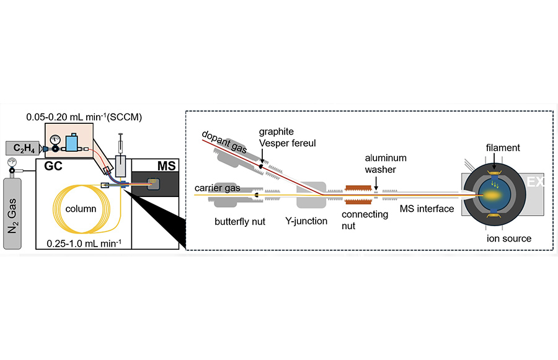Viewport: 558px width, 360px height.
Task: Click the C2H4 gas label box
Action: [x=22, y=148]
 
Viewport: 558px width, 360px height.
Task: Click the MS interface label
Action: [x=428, y=208]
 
